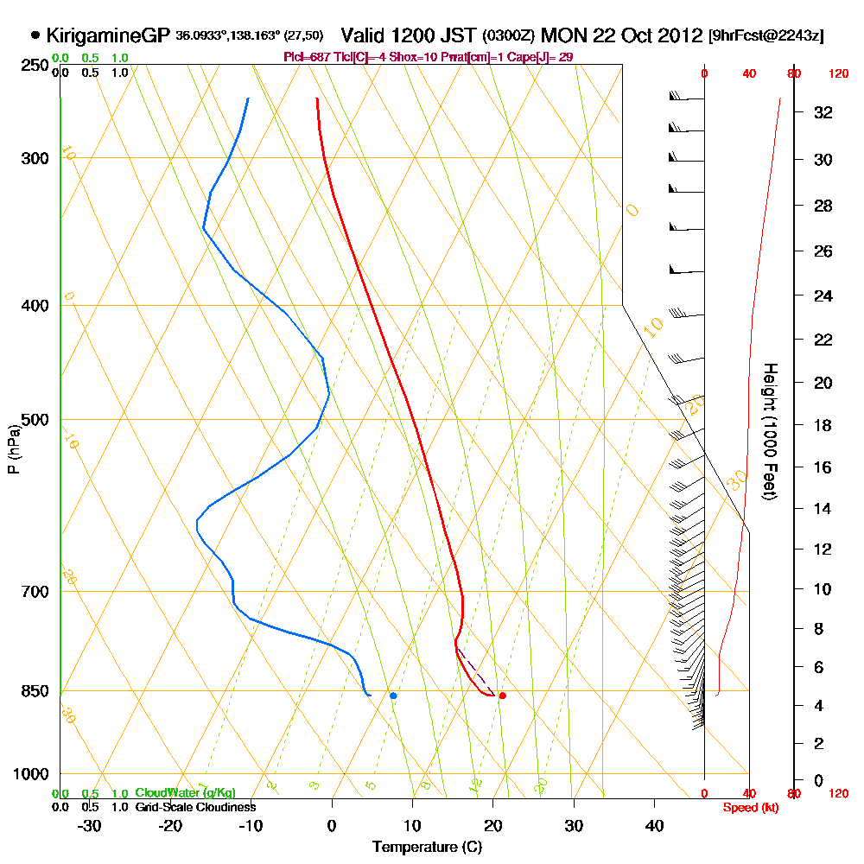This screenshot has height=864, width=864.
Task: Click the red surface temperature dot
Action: pos(502,696)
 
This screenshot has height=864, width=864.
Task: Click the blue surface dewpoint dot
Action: pos(393,696)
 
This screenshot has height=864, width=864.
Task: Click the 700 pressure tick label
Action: pos(29,592)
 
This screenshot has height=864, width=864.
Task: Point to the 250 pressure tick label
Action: pos(29,66)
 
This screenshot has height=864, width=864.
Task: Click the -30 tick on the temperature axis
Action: pos(90,825)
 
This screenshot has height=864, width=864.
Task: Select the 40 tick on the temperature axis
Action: pos(654,825)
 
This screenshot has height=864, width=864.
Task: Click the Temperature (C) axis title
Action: pos(427,848)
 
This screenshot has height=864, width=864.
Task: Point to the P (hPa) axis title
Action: pos(14,448)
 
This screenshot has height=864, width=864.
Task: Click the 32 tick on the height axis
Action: pos(823,112)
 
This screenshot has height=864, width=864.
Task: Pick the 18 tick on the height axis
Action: pos(823,425)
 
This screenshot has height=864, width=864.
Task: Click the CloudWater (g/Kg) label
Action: pos(185,793)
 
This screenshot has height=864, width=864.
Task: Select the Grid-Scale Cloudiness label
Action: pos(195,807)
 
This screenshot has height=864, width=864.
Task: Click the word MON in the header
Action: pos(562,35)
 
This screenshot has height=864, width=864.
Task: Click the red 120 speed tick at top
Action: pos(838,74)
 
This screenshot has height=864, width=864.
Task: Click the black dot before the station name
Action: pos(35,35)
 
